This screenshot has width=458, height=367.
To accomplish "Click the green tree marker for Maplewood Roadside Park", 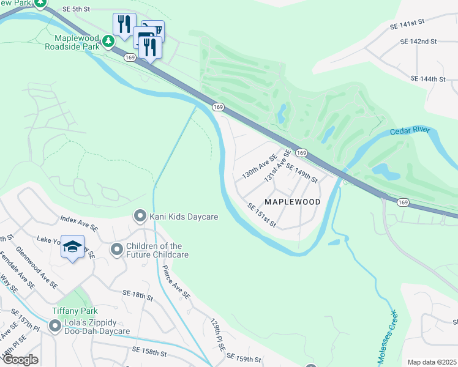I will coord(108,42).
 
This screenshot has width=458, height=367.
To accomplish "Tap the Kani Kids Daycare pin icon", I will coord(140,216).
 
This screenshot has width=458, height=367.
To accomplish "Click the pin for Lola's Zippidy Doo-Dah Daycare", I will coord(56,326).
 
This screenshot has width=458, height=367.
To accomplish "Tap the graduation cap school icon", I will coord(72,247).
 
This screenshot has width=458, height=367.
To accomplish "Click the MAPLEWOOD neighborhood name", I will coord(292,201).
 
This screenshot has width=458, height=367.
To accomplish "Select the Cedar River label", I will coord(410,132).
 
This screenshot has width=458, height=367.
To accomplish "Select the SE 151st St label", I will coord(262,215).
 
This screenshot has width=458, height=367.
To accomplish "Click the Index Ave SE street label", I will coord(78,222).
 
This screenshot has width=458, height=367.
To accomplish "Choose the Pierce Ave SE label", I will coord(176,282).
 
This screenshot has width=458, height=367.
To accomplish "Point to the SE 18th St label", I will coord(137,295).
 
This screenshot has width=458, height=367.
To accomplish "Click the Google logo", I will coord(20,360).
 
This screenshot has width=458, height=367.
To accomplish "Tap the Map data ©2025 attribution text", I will coord(431,362).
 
